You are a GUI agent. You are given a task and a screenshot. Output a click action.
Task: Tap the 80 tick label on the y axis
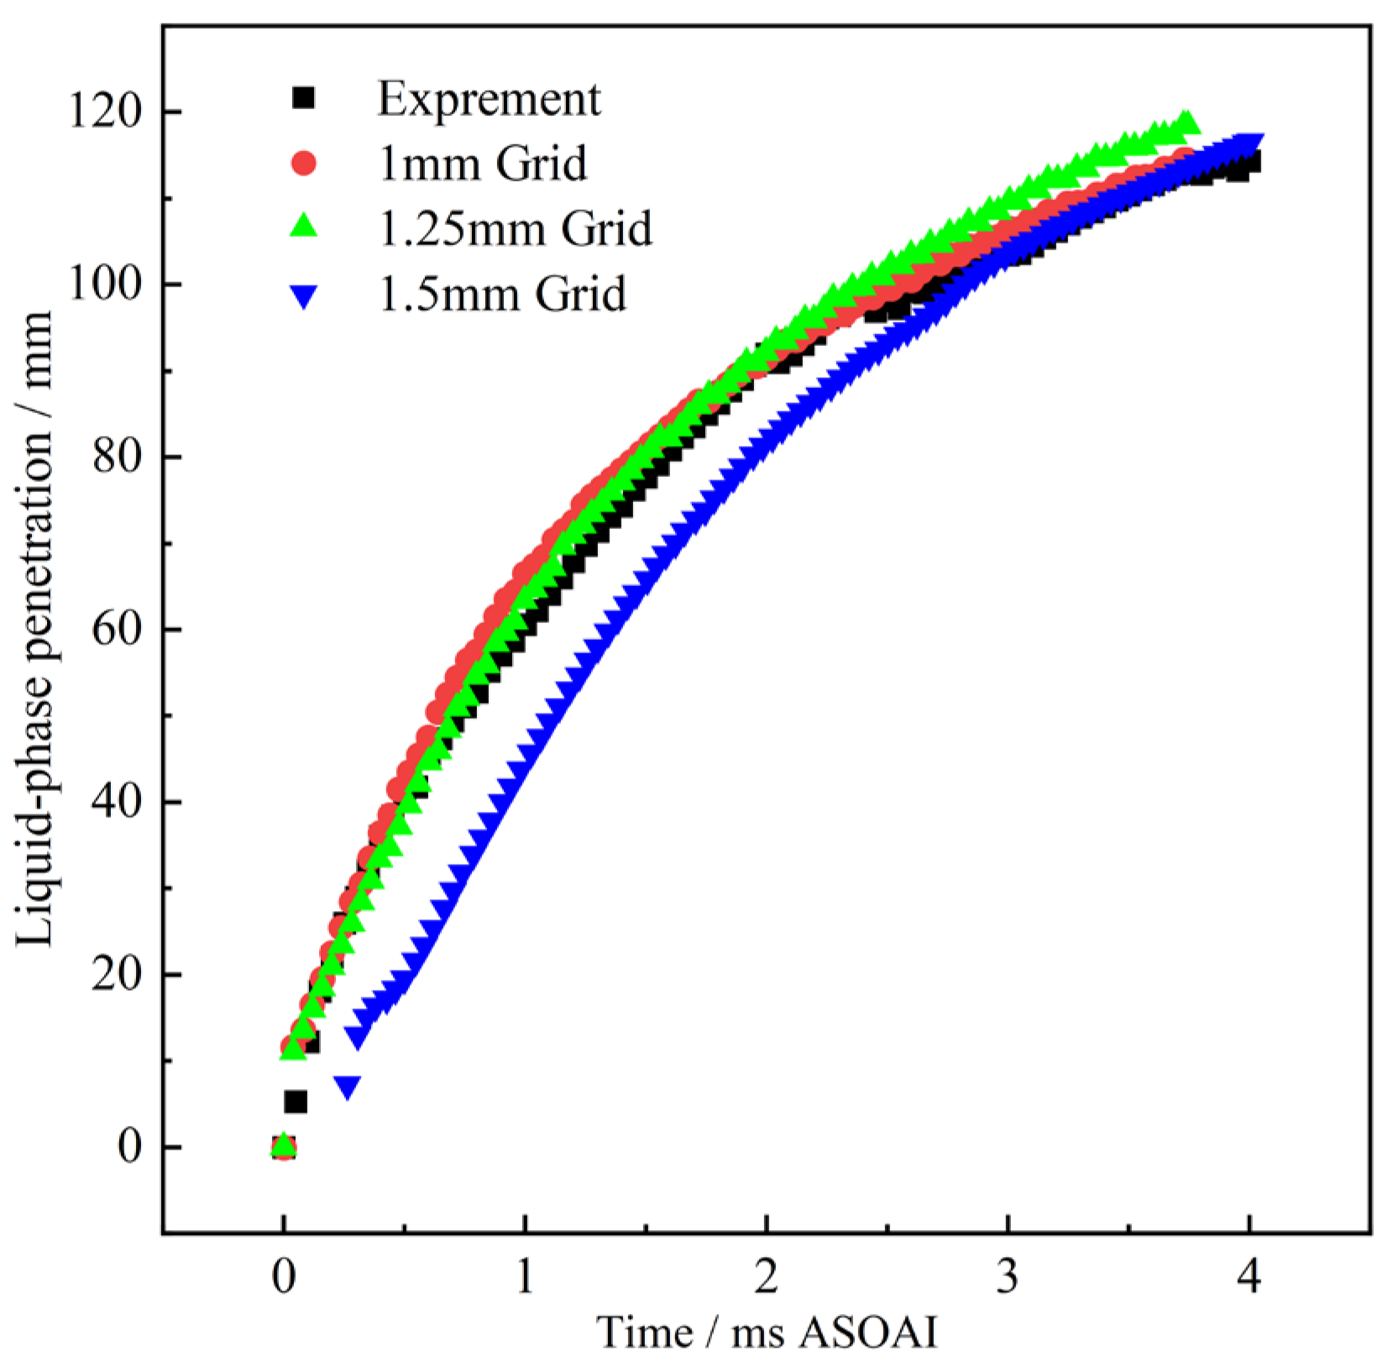pos(116,458)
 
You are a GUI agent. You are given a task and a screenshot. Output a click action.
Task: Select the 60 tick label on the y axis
pos(116,631)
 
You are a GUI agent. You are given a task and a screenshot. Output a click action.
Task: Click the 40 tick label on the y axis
pos(116,803)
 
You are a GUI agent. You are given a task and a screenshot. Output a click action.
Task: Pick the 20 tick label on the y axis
pos(116,976)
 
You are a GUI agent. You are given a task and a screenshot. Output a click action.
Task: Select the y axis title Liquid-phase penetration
pos(35,630)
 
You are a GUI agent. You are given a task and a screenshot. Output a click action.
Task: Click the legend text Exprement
pos(489,99)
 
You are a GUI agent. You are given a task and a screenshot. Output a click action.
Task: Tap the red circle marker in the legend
pos(303,163)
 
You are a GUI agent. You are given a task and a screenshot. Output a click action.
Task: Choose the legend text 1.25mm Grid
pos(515,228)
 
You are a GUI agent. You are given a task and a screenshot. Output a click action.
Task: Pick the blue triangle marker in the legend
pos(303,296)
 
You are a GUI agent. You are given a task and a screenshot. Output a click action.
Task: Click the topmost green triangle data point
pos(1186,123)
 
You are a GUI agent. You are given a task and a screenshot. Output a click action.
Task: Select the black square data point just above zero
pos(296,1102)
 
